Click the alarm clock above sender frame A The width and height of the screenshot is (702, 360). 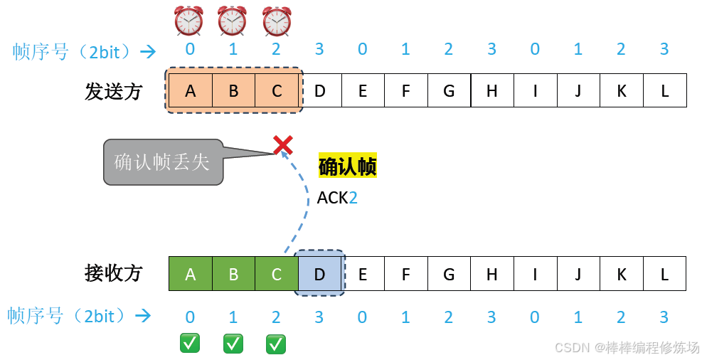click(x=189, y=21)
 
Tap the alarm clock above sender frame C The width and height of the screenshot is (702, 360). click(x=277, y=21)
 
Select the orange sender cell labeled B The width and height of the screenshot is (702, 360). click(x=233, y=90)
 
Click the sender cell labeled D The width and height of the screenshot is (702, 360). click(x=320, y=90)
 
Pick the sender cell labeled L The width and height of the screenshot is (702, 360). click(x=665, y=90)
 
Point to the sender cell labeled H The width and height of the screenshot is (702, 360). click(x=492, y=90)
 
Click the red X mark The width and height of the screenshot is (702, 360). click(x=282, y=146)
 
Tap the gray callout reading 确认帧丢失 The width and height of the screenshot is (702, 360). click(x=162, y=162)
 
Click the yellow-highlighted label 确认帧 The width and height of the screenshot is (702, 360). click(x=347, y=166)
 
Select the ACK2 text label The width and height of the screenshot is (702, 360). click(x=337, y=198)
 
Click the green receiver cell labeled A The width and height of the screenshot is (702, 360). click(x=190, y=274)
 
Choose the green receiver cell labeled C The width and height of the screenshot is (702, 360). click(x=277, y=274)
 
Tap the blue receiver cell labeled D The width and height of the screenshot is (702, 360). click(x=320, y=274)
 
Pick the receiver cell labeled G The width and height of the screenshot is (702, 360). click(x=449, y=274)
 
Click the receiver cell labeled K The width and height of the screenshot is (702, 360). click(x=622, y=274)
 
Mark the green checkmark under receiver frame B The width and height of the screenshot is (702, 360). click(x=233, y=344)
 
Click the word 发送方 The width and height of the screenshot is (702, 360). click(x=114, y=91)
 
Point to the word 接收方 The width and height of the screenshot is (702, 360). click(x=114, y=273)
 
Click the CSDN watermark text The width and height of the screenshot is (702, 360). click(x=627, y=347)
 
